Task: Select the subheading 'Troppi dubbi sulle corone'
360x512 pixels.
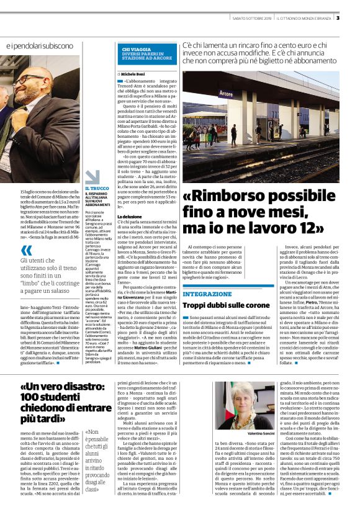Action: pos(222,305)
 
